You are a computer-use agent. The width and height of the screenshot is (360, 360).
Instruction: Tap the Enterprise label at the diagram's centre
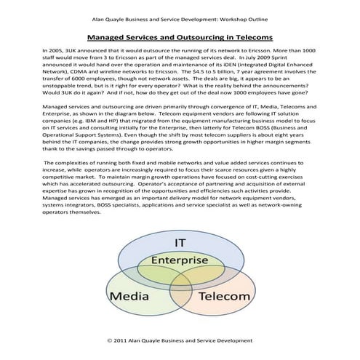tap(180, 260)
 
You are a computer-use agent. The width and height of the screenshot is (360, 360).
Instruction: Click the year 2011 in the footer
tap(124, 339)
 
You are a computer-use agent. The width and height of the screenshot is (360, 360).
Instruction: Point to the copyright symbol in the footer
tap(111, 339)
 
